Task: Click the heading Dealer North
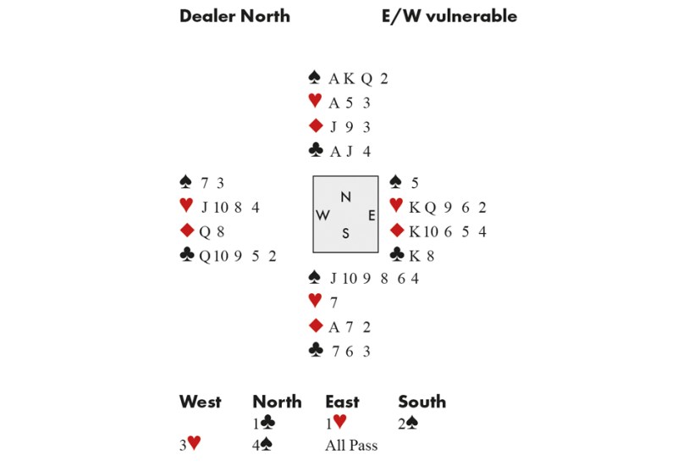(x=234, y=16)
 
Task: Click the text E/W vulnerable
(x=449, y=16)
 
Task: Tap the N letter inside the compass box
(x=345, y=197)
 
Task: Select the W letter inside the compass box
(x=322, y=215)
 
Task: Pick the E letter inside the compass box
(x=371, y=215)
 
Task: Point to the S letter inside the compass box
(x=345, y=234)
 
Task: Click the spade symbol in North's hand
(x=315, y=79)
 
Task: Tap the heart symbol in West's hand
(x=186, y=206)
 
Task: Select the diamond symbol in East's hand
(x=395, y=230)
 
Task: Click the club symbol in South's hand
(x=315, y=351)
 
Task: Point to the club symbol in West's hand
(x=186, y=255)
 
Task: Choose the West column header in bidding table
(x=200, y=402)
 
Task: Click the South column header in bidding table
(x=421, y=402)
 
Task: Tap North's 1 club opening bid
(x=263, y=423)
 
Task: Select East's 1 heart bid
(x=336, y=423)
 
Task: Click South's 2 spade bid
(x=409, y=423)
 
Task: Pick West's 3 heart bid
(x=190, y=445)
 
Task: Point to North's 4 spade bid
(x=263, y=445)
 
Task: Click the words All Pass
(x=351, y=445)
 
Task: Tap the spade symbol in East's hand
(x=395, y=181)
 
